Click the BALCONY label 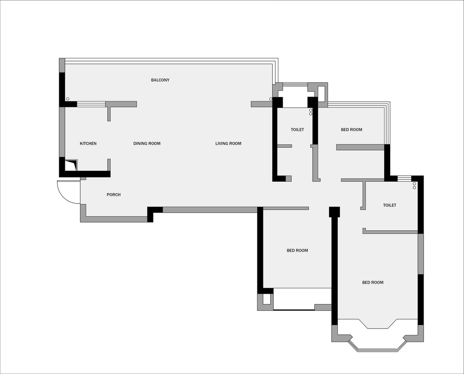point(160,80)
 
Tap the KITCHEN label point(88,144)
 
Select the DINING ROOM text point(147,144)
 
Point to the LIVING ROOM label point(228,144)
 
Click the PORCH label point(113,195)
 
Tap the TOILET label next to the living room point(297,130)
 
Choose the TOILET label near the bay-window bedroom point(389,205)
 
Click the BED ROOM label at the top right point(351,130)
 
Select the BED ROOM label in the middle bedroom point(297,251)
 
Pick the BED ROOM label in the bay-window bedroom point(373,283)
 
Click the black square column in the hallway point(334,212)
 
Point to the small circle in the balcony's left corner point(68,99)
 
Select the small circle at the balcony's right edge point(271,99)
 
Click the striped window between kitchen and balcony point(91,104)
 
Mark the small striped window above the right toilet point(404,178)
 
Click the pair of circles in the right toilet point(414,185)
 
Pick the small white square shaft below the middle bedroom point(266,299)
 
